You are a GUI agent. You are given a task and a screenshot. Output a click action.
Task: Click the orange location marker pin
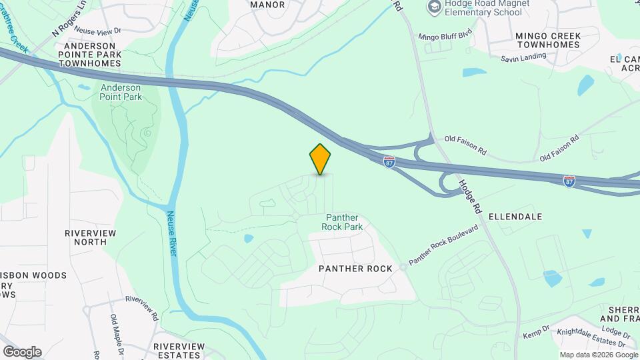click(321, 159)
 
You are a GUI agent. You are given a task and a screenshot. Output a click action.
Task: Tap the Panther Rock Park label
click(343, 222)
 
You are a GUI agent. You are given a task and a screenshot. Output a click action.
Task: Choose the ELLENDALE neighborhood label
click(515, 217)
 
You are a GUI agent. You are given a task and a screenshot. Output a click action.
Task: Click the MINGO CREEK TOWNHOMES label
click(548, 40)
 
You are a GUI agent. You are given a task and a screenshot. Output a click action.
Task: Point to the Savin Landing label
click(523, 58)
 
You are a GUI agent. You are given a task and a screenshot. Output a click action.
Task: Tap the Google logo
click(22, 351)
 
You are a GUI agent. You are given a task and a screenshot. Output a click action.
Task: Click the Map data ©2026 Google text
click(598, 355)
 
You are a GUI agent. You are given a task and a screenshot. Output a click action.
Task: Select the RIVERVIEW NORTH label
click(90, 237)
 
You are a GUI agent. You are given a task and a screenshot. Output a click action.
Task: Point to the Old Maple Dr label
click(114, 331)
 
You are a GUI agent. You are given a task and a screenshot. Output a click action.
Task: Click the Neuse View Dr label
click(98, 31)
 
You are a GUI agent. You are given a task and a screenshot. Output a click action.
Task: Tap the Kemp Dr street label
click(536, 331)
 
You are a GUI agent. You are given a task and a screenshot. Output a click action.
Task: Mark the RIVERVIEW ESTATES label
click(179, 351)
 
